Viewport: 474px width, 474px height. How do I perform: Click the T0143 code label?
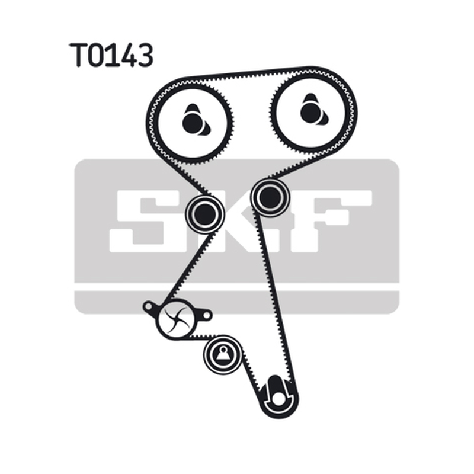tap(111, 55)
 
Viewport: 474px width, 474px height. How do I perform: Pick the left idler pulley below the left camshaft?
tap(204, 214)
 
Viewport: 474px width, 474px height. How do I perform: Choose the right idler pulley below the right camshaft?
tap(270, 197)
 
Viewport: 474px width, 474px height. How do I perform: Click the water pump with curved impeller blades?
tap(177, 318)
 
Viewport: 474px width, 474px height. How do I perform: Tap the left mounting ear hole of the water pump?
tap(148, 307)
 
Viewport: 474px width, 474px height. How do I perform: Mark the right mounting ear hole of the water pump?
tap(206, 315)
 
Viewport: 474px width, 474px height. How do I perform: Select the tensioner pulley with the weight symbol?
tap(223, 355)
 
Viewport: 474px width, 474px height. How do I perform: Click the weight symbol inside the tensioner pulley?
tap(223, 354)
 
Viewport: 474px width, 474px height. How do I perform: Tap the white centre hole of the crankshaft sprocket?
tap(278, 399)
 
